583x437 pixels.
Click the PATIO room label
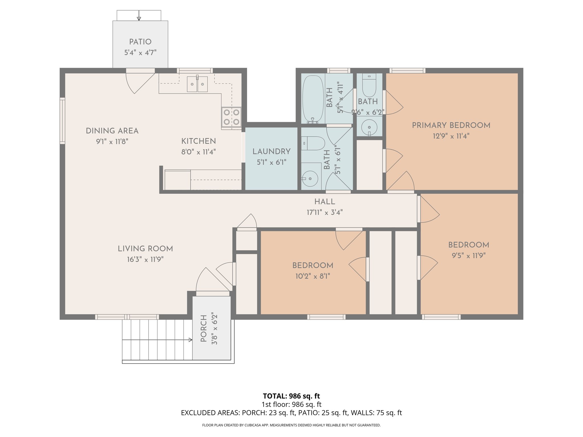click(140, 42)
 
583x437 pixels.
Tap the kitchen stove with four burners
click(231, 117)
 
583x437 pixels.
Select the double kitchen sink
click(197, 84)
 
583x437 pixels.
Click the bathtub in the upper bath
click(313, 99)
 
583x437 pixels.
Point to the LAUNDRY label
click(271, 152)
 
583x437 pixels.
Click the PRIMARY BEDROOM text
click(451, 125)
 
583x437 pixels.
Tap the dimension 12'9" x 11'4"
click(451, 136)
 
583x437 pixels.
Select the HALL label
click(325, 202)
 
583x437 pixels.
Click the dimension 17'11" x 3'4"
click(325, 213)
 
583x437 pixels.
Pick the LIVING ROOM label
click(145, 249)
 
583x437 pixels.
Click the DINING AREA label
click(112, 131)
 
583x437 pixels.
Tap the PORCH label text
click(204, 329)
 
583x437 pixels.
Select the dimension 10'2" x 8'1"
click(313, 276)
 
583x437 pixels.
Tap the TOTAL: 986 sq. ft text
click(291, 396)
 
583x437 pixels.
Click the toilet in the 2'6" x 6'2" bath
click(369, 85)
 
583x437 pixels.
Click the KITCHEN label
click(198, 141)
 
